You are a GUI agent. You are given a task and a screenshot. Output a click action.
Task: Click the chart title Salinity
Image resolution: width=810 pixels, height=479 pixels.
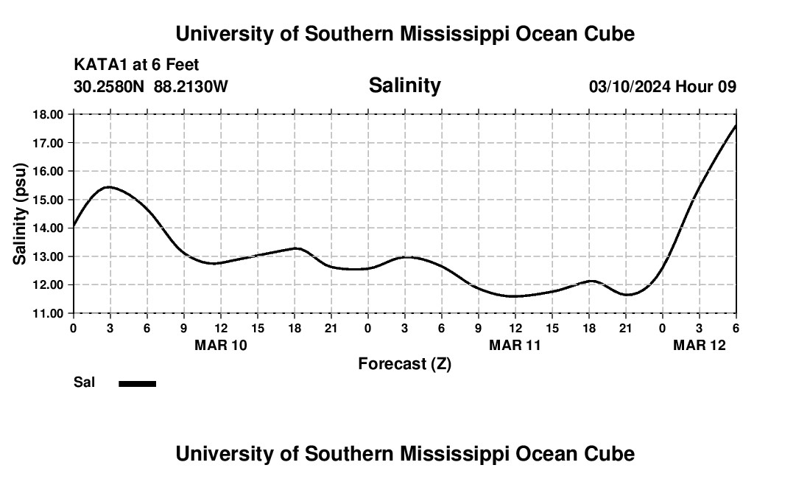[x=404, y=85]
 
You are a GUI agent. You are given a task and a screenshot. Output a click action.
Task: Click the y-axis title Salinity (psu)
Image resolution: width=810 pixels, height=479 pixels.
[x=21, y=214]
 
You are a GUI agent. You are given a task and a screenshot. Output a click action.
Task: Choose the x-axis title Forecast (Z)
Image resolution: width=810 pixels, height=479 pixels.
[x=404, y=363]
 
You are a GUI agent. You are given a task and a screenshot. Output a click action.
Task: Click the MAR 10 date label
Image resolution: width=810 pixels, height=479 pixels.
[x=221, y=344]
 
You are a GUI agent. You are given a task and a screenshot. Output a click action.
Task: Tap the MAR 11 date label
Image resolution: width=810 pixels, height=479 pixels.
[x=515, y=344]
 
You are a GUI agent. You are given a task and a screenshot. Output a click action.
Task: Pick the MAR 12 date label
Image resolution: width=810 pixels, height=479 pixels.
[x=700, y=344]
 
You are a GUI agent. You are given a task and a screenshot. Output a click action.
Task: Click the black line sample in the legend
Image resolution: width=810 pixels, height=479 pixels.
[x=137, y=383]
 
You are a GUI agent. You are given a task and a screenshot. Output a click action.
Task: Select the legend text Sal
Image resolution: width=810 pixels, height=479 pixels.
[x=84, y=382]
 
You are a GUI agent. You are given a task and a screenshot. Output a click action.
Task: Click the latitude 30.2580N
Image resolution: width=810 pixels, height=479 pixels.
[x=110, y=87]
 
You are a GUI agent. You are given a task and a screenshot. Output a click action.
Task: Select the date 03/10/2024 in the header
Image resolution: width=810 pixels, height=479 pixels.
[x=630, y=87]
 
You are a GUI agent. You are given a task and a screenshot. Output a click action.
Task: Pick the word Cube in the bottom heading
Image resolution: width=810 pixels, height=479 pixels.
[x=612, y=454]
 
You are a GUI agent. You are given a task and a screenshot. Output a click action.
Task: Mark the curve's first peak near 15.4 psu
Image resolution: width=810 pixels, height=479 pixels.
[x=109, y=187]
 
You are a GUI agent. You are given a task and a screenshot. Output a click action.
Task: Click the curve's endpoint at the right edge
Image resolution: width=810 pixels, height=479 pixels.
[x=736, y=125]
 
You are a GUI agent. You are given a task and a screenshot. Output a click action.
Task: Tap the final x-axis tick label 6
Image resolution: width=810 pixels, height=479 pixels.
[x=736, y=327]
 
